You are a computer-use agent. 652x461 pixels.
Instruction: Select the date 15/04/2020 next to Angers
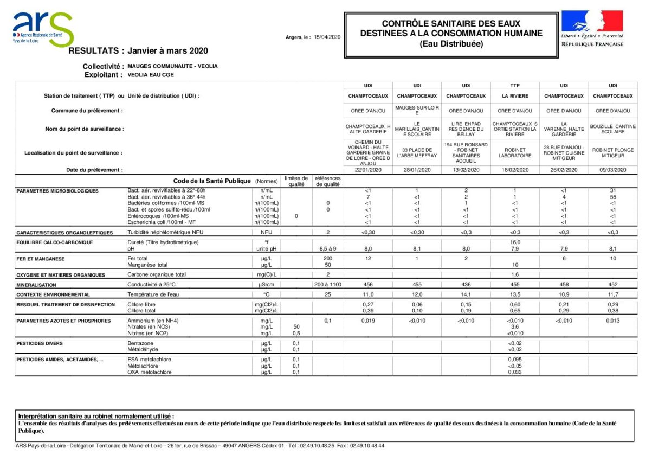pos(327,37)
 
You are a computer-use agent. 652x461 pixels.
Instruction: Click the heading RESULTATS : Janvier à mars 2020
pos(138,51)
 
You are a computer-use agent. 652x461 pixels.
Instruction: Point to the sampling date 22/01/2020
pos(368,170)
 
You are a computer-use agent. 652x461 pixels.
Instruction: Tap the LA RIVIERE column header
pos(515,96)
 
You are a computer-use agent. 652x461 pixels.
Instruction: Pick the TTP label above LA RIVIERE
pos(515,86)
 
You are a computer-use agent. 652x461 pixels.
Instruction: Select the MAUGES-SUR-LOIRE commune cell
pos(417,110)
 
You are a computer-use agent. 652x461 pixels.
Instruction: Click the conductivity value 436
pos(466,284)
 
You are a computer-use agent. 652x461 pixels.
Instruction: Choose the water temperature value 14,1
pos(466,294)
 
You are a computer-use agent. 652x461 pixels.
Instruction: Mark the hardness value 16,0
pos(515,242)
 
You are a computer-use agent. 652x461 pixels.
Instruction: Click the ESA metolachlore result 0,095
pos(515,360)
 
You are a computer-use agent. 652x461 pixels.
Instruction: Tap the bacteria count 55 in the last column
pos(613,197)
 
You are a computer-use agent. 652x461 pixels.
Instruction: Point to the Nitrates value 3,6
pos(515,327)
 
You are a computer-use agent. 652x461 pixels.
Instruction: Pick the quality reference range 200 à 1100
pos(327,284)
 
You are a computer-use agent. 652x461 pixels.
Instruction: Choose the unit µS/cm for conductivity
pos(267,284)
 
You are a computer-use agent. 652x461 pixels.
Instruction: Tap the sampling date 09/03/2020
pos(613,170)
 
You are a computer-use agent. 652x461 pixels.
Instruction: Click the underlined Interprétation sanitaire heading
pos(96,416)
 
